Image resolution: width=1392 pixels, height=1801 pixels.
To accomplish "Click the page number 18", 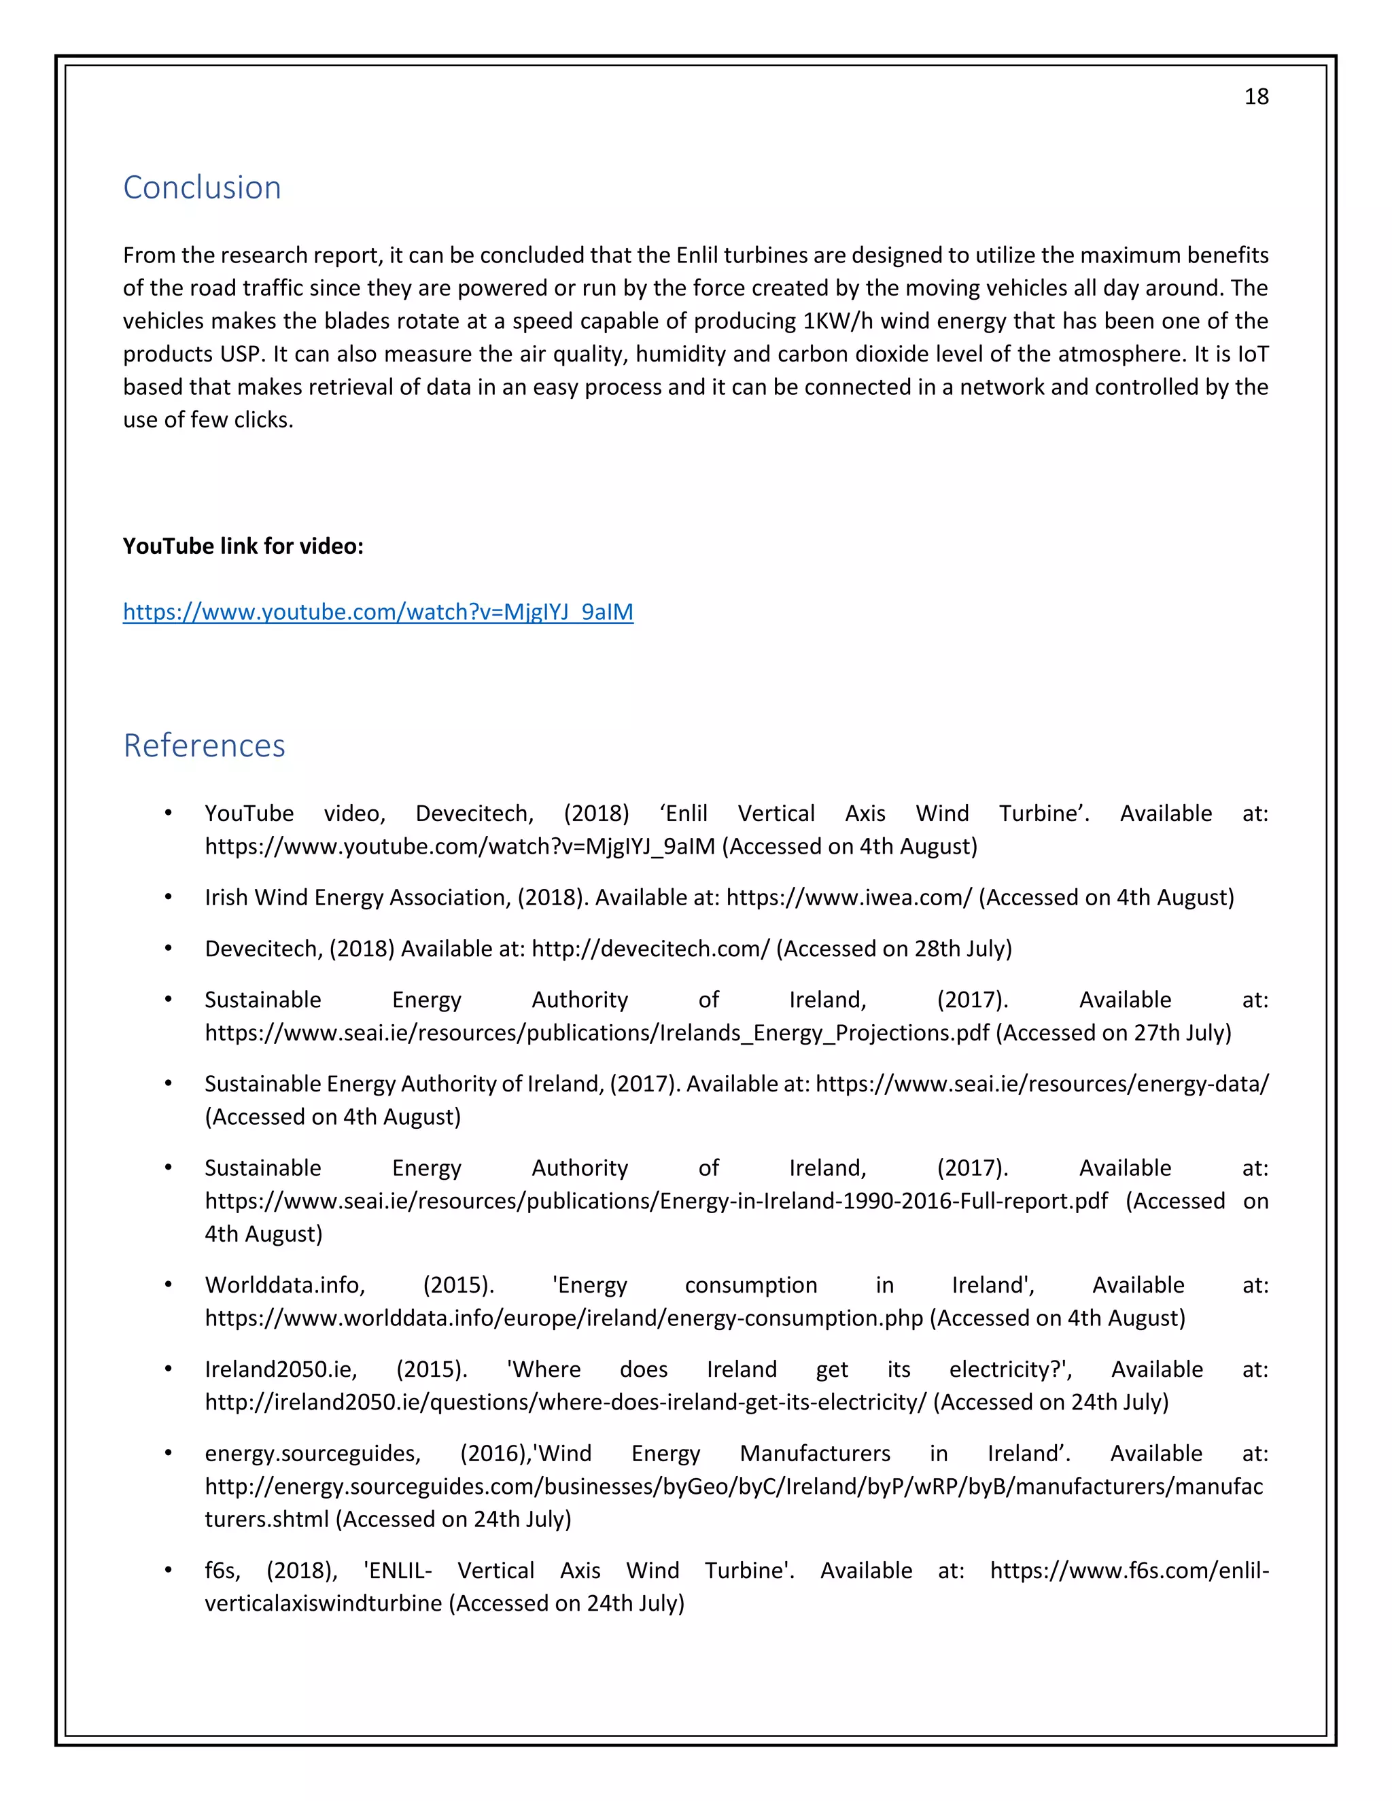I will [1255, 97].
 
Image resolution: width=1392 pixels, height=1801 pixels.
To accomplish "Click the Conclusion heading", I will [202, 188].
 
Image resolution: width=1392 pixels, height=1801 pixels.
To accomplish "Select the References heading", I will [204, 746].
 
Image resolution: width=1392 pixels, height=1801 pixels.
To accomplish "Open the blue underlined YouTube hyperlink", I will [378, 612].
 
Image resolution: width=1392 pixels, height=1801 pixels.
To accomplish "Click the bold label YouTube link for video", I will [243, 546].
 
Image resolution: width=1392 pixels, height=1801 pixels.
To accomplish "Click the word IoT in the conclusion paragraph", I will [1252, 354].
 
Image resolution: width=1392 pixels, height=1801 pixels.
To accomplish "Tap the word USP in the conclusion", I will [239, 354].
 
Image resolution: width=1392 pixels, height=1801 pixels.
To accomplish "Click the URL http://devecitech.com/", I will [650, 948].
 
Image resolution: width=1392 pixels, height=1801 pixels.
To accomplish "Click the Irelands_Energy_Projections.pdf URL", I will [596, 1032].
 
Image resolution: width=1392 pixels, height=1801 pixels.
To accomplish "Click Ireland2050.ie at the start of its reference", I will [281, 1369].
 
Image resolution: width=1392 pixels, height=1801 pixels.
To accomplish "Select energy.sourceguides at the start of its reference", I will [313, 1453].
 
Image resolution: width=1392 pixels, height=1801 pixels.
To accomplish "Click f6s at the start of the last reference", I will [222, 1570].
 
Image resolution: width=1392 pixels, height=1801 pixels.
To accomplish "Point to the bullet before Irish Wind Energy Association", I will [169, 896].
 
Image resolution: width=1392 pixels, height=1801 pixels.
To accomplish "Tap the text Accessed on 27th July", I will [1113, 1032].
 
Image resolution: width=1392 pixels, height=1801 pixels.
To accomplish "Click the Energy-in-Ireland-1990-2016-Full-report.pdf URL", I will [656, 1201].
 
